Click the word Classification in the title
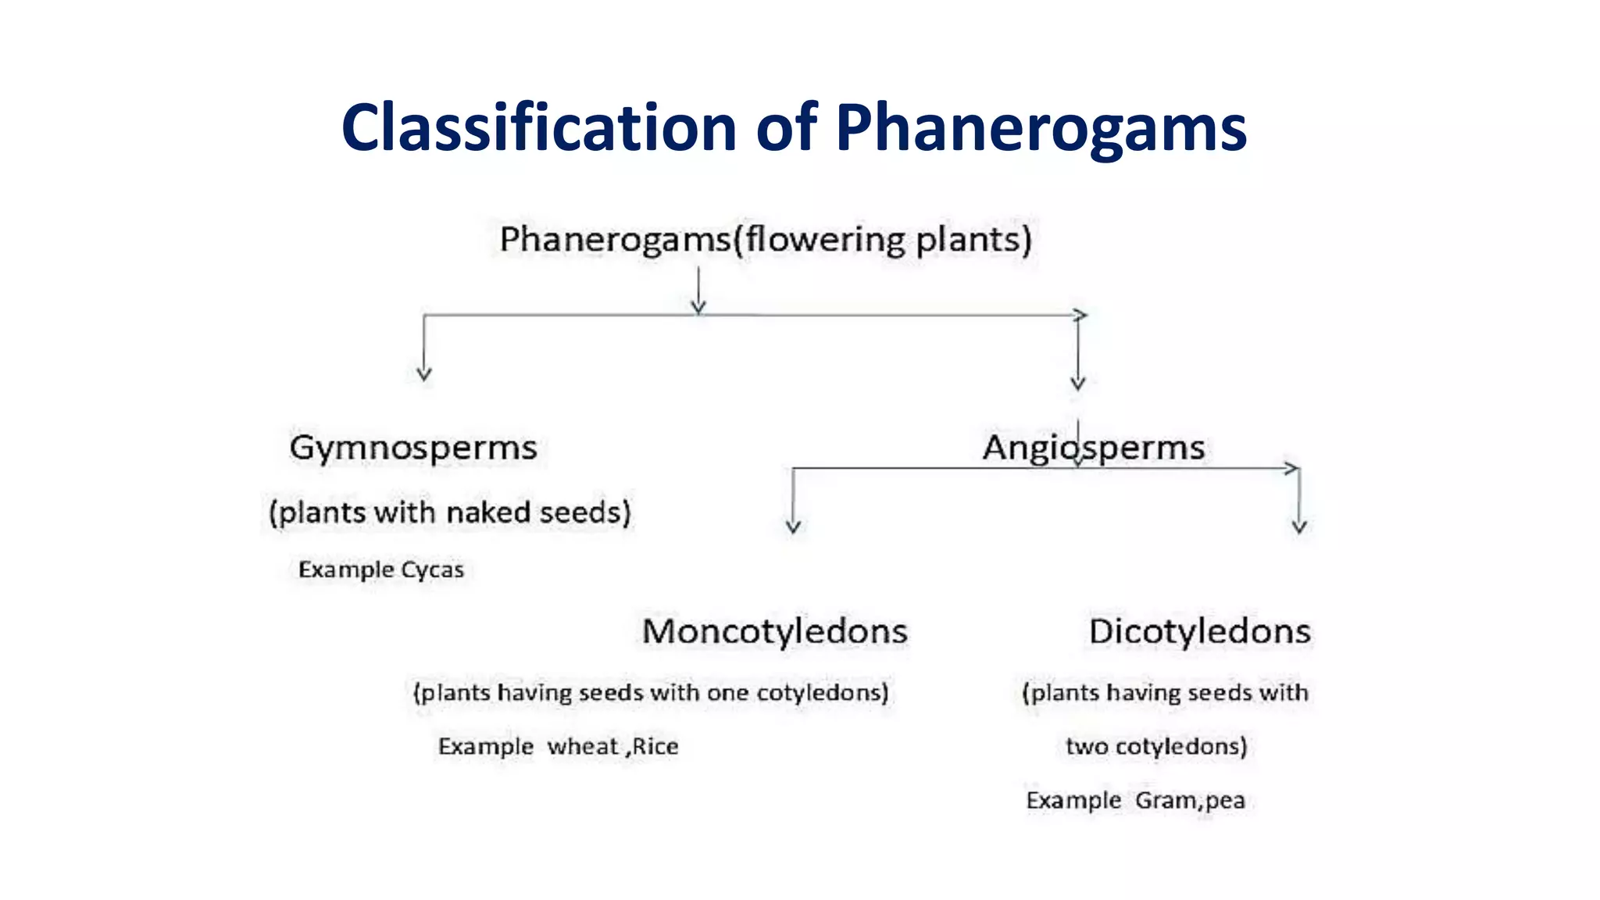539,127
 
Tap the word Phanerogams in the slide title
1041,127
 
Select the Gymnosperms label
413,448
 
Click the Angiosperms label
1093,448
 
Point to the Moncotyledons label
775,631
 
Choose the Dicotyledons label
1199,631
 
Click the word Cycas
432,570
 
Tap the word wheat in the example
583,747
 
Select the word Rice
655,747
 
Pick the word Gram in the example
1165,801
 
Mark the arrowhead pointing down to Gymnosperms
424,373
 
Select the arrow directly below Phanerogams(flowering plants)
698,291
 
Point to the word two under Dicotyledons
1087,747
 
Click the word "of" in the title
787,127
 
